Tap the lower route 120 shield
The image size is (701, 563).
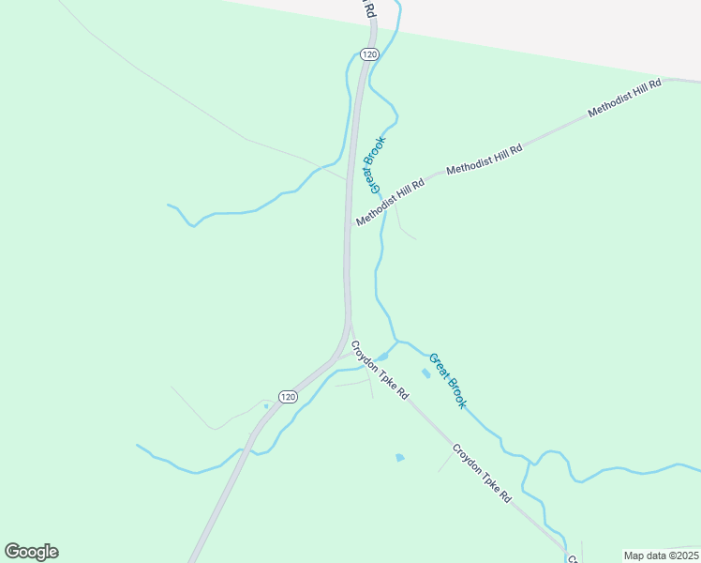(x=290, y=398)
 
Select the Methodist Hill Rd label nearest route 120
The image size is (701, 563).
(x=390, y=202)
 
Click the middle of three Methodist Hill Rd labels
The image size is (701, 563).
(x=484, y=159)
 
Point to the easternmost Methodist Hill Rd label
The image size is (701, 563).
(x=624, y=98)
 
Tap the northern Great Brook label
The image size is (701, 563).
(x=376, y=163)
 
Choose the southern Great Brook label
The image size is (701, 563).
(x=447, y=380)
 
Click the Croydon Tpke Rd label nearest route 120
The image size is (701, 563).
(x=380, y=370)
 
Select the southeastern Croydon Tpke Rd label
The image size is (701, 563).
(x=482, y=473)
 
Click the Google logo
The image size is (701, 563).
(x=31, y=552)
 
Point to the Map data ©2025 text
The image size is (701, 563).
(x=661, y=555)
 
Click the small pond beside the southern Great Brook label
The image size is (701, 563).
(x=426, y=373)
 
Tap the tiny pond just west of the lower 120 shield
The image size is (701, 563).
(x=266, y=406)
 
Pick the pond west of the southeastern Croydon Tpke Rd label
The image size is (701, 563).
(x=400, y=458)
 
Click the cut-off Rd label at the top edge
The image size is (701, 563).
(x=370, y=9)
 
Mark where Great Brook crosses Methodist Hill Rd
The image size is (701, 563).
(x=384, y=208)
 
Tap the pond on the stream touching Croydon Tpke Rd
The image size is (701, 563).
(x=381, y=357)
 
